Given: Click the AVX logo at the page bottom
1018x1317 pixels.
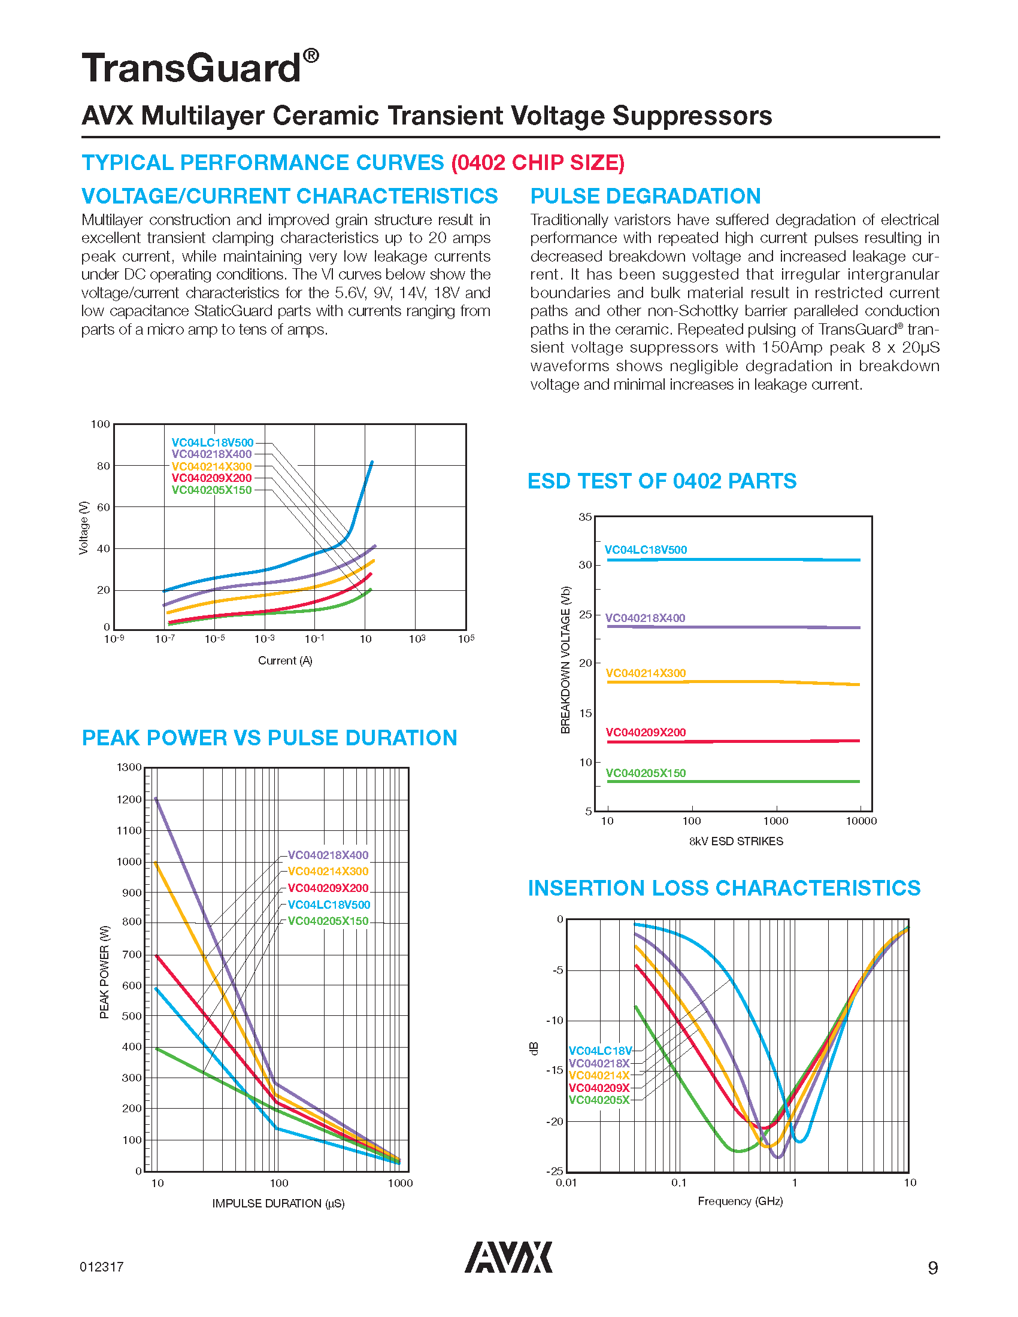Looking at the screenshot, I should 508,1257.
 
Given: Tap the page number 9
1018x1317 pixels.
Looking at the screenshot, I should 932,1268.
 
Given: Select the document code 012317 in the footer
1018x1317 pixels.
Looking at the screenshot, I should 101,1267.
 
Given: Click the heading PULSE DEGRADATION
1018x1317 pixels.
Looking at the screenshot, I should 646,196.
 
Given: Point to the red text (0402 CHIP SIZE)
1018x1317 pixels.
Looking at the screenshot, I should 538,163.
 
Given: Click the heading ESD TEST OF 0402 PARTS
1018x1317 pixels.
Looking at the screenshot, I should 662,481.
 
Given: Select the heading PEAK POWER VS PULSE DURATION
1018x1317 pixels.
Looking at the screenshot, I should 269,738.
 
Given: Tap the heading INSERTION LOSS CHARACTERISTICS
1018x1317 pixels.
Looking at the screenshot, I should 724,888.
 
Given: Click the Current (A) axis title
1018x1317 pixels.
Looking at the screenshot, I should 285,661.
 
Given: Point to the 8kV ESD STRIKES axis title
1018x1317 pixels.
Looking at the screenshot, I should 736,841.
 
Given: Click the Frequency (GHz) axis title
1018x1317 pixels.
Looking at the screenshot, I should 740,1201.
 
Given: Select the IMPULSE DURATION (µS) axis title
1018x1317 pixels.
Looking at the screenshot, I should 278,1204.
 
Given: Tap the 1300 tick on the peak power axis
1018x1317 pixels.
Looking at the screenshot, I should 129,767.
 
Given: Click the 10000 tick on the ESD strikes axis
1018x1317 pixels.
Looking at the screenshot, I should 861,821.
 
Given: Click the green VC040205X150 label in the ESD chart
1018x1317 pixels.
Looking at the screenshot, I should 646,773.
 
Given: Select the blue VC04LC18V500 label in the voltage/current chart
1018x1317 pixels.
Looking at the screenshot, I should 213,442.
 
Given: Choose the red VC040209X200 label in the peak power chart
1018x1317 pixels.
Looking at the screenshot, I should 328,888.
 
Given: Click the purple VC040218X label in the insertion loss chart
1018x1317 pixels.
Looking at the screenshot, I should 599,1063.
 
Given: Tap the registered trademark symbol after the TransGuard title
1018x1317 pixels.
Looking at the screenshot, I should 311,56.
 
